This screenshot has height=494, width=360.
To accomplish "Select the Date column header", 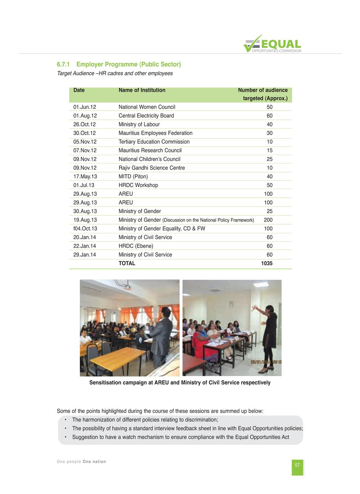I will pyautogui.click(x=79, y=90).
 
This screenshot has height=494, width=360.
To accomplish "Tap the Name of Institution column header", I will pyautogui.click(x=142, y=90).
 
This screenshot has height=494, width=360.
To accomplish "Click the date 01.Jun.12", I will pyautogui.click(x=85, y=107).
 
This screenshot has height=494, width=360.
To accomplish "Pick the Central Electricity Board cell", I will pyautogui.click(x=146, y=116).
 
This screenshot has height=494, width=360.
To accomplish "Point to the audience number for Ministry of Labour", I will pyautogui.click(x=269, y=125).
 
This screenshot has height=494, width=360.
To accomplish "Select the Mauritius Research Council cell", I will pyautogui.click(x=150, y=151).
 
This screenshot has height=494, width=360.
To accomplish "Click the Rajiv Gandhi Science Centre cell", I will pyautogui.click(x=152, y=168).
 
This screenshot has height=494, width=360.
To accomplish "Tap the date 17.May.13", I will pyautogui.click(x=85, y=176).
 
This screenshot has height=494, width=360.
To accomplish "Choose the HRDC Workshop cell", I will pyautogui.click(x=138, y=185).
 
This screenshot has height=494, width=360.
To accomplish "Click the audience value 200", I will pyautogui.click(x=268, y=220).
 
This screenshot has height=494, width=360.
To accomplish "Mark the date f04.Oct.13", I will pyautogui.click(x=85, y=229).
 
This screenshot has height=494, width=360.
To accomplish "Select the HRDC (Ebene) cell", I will pyautogui.click(x=136, y=246).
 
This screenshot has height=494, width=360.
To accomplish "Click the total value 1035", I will pyautogui.click(x=267, y=264).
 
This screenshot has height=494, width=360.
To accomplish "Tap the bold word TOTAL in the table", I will pyautogui.click(x=127, y=264).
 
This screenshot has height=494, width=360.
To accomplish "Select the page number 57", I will pyautogui.click(x=297, y=465).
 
